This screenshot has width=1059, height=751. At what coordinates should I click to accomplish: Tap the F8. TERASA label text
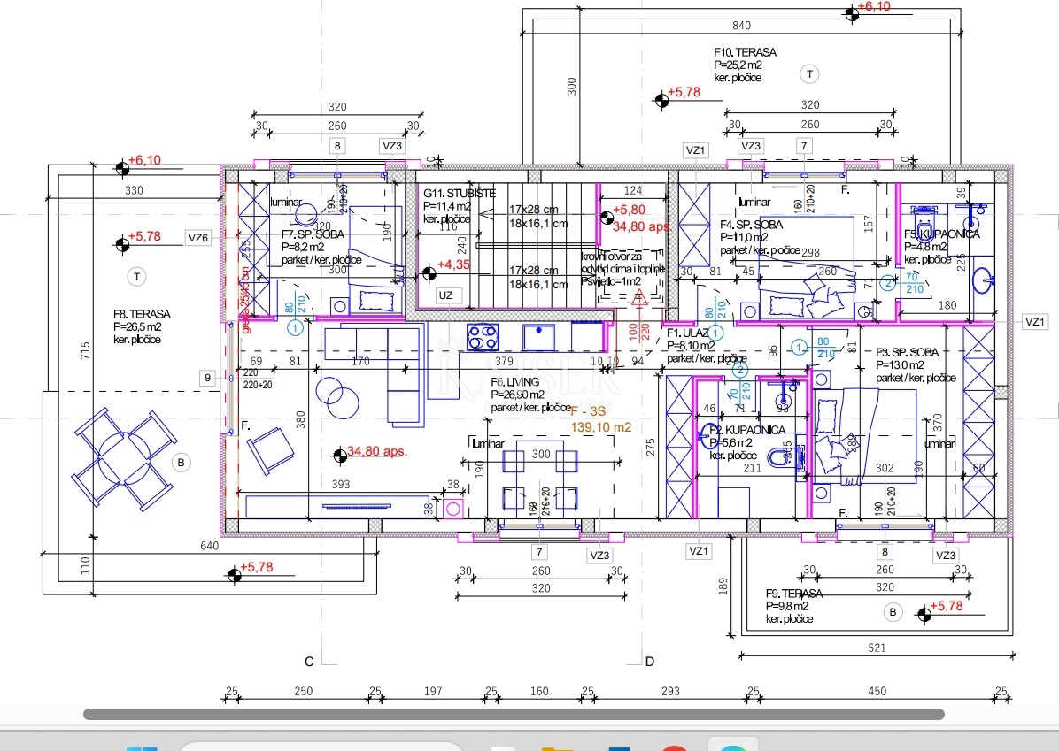142,314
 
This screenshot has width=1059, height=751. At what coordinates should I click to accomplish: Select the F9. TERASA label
794,594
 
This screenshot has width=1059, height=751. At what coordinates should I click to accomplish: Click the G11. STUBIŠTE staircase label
459,193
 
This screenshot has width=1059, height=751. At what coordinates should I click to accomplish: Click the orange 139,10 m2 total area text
600,426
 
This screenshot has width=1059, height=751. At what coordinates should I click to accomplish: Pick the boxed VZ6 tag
197,237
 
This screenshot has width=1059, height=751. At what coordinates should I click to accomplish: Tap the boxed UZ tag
445,295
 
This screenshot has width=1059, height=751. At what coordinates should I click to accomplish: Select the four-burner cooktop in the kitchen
483,337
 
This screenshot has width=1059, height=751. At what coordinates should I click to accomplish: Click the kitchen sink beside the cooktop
538,337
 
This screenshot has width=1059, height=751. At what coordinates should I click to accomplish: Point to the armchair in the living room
269,449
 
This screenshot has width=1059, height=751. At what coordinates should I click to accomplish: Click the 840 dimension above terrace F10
742,26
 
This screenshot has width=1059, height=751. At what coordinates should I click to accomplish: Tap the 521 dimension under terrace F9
876,648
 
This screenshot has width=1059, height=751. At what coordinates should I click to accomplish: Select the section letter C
309,661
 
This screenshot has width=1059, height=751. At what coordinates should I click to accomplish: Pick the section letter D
649,661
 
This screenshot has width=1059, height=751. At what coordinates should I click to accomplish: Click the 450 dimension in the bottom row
876,691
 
